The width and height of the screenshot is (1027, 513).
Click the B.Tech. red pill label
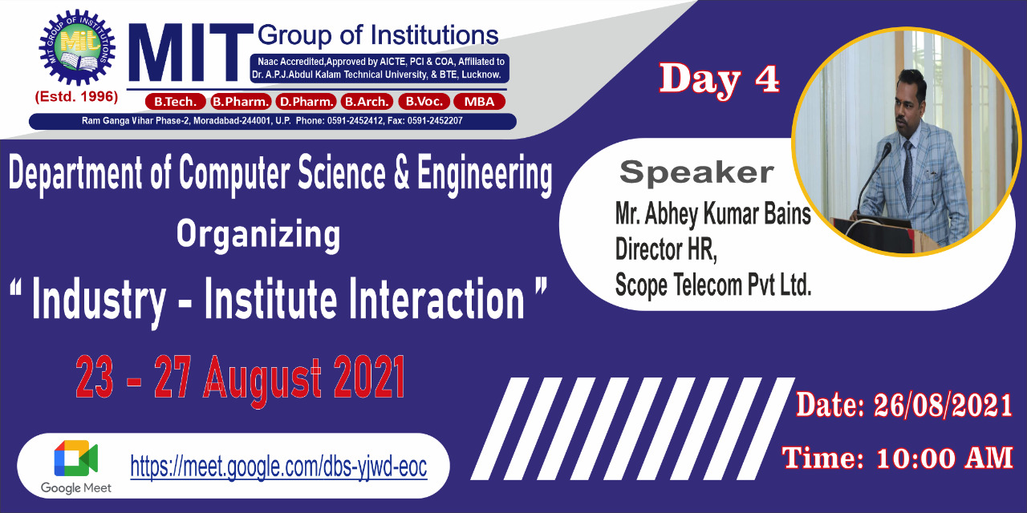pos(175,101)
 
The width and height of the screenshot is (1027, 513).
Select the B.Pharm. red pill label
pos(241,101)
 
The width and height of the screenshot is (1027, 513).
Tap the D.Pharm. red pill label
pos(306,101)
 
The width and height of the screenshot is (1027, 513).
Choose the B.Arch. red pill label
pos(367,101)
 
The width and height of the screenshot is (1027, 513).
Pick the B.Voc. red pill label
pos(424,101)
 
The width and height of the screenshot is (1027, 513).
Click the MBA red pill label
pos(479,101)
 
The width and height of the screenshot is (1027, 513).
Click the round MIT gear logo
pos(77,47)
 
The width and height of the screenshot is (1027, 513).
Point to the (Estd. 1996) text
pos(76,97)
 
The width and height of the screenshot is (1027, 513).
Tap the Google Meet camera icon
pos(75,458)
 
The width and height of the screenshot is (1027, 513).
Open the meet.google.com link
pos(278,467)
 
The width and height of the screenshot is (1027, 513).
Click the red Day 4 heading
pos(719,79)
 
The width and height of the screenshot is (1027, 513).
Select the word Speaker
pos(696,172)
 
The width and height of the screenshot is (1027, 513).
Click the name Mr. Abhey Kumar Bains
pos(713,213)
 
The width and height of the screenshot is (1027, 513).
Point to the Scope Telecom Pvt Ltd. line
pos(713,285)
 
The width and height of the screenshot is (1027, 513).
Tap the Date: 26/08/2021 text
pos(903,406)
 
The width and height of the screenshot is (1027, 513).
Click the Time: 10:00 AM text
pos(897,458)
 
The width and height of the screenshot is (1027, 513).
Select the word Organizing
pos(258,235)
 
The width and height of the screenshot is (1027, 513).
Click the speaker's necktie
pos(907,169)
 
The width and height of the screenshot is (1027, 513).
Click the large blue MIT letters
pos(190,52)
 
